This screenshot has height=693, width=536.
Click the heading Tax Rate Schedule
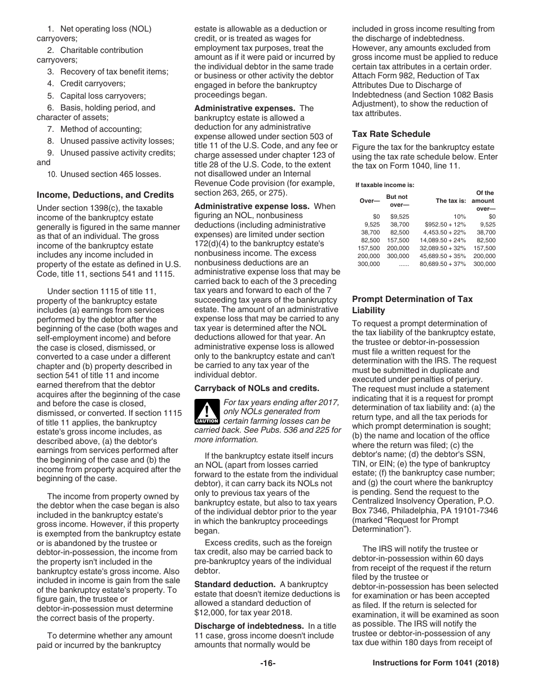[x=391, y=134]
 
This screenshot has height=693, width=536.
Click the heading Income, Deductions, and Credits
[x=105, y=195]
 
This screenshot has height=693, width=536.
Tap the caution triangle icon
[x=207, y=412]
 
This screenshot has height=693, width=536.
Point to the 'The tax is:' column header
[x=450, y=201]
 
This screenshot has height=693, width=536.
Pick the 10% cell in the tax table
[x=459, y=216]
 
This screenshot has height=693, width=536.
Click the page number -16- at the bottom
[x=268, y=664]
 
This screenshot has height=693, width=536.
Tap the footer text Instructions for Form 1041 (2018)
[x=436, y=664]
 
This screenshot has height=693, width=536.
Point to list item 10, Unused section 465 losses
[x=104, y=174]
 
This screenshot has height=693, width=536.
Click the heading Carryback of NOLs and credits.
[x=257, y=388]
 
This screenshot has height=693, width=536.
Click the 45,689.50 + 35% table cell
[x=443, y=256]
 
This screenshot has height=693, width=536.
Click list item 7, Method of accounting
[x=94, y=129]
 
